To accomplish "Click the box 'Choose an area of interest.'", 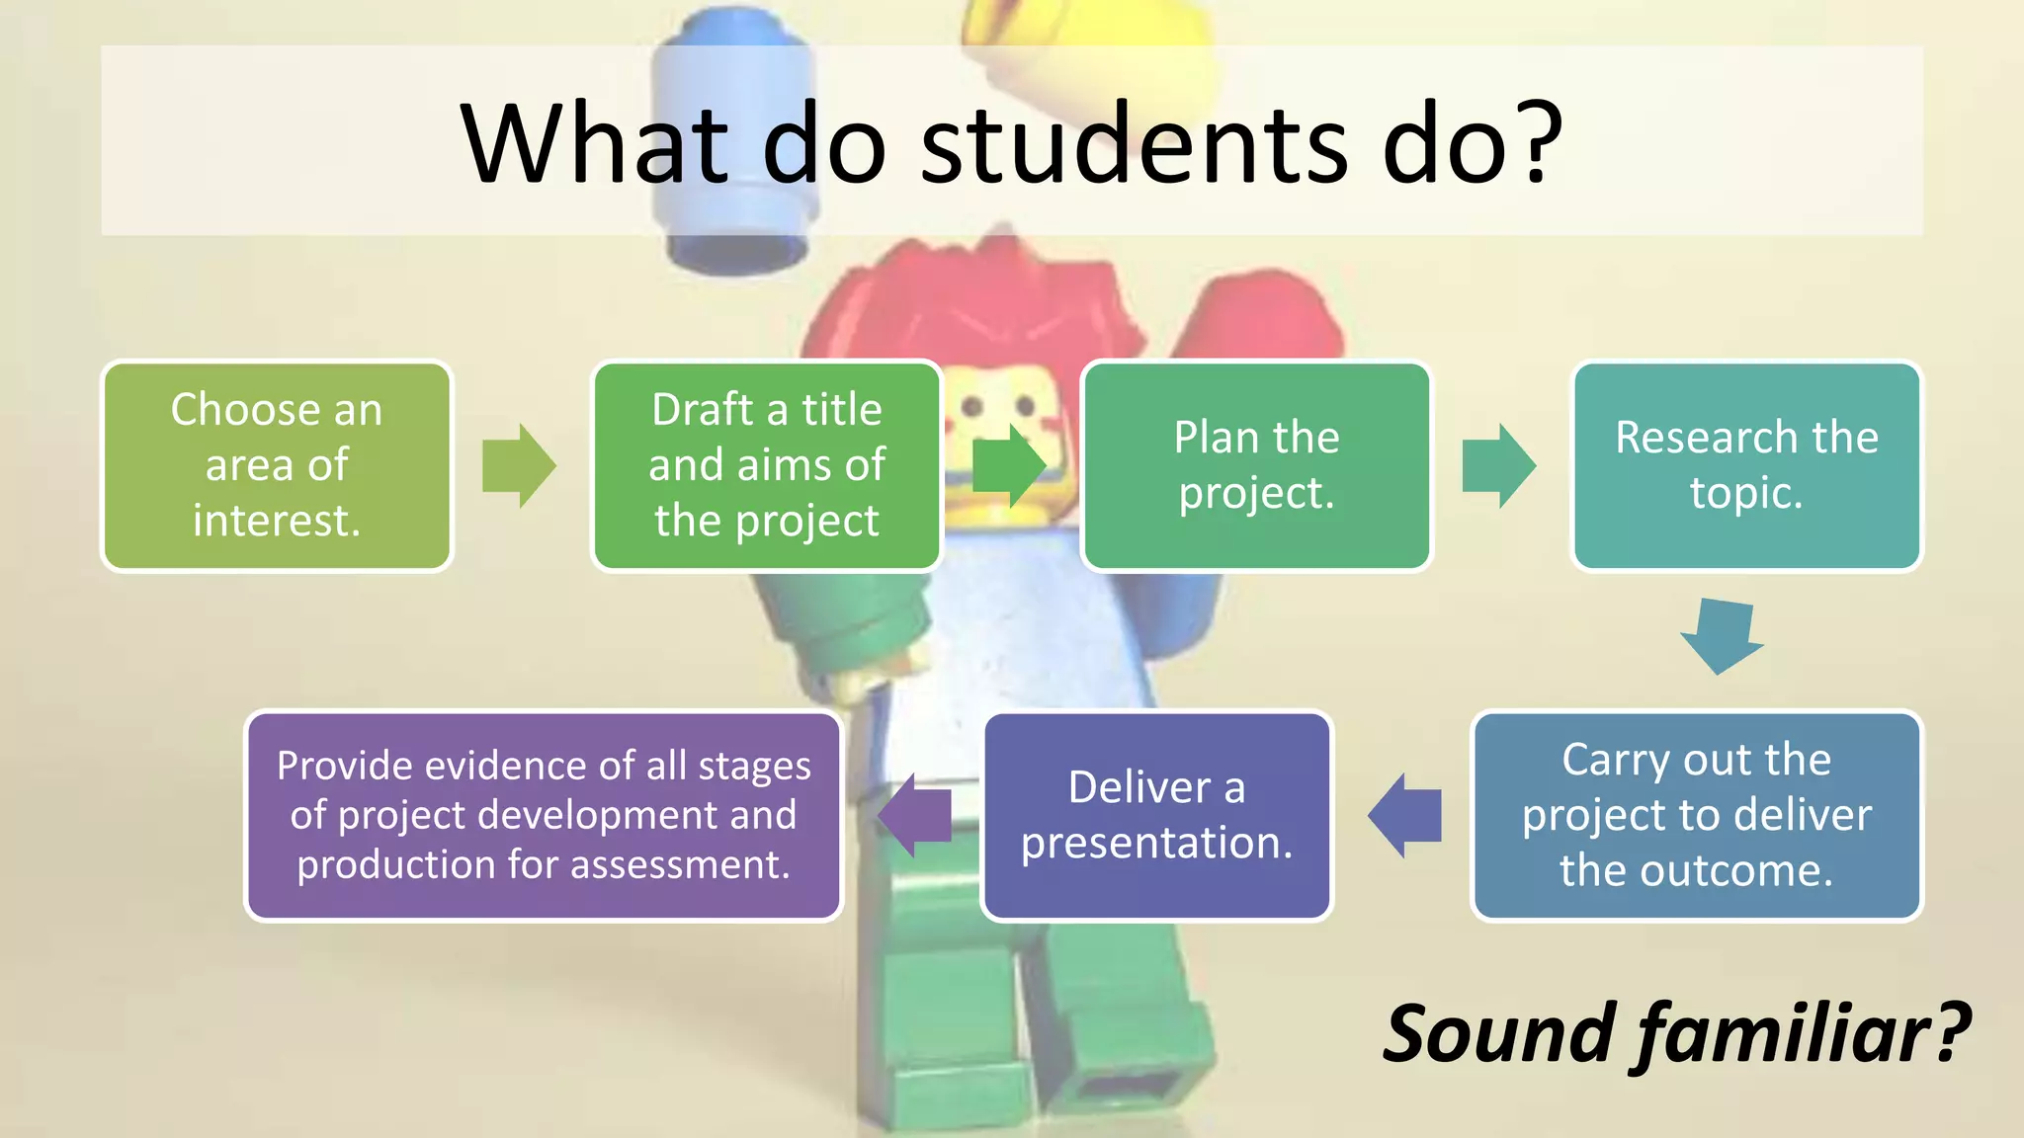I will tap(277, 465).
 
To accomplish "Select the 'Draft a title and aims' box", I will tap(767, 465).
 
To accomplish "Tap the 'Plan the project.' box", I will tap(1256, 465).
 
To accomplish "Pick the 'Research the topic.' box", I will tap(1746, 465).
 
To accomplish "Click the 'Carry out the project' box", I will tap(1696, 816).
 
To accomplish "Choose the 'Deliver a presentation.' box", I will tap(1156, 816).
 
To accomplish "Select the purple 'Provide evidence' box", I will tap(544, 816).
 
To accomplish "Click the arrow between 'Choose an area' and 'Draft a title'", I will tap(519, 466).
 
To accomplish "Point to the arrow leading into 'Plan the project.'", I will tap(1009, 466).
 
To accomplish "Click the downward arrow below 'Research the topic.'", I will tap(1722, 636).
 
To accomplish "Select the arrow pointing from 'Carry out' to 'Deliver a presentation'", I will tap(1404, 816).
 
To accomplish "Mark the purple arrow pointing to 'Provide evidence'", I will tap(914, 816).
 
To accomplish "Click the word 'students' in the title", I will tap(1134, 144).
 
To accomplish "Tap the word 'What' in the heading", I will tap(594, 144).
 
